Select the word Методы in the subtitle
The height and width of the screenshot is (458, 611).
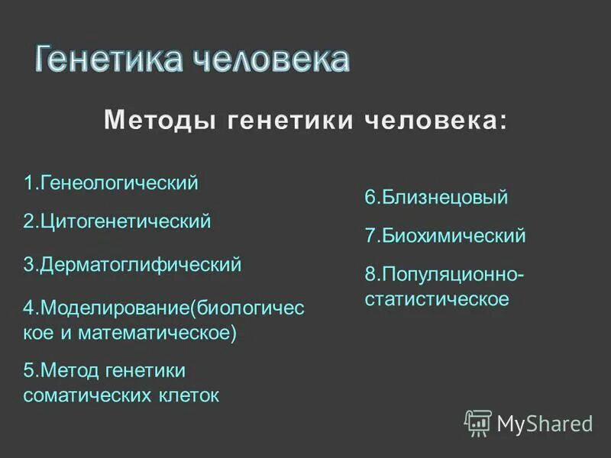pyautogui.click(x=155, y=121)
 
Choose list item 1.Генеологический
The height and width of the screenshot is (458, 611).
pyautogui.click(x=111, y=183)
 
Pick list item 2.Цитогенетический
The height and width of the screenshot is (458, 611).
pyautogui.click(x=117, y=222)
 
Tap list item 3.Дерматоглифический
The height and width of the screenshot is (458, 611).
pyautogui.click(x=132, y=265)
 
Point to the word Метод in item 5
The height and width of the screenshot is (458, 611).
pyautogui.click(x=70, y=370)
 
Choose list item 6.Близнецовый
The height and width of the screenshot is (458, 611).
pyautogui.click(x=436, y=198)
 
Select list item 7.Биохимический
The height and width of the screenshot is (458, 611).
pyautogui.click(x=445, y=236)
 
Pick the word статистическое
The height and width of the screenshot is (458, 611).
pyautogui.click(x=437, y=298)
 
